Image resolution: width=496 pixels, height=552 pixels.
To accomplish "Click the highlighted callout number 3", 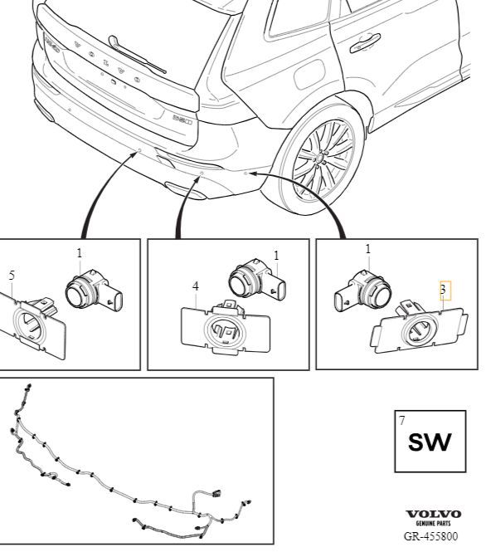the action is click(443, 290).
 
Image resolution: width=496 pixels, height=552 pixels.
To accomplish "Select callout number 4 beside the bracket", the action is click(196, 286).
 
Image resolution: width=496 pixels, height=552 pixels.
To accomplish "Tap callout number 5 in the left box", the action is click(12, 276).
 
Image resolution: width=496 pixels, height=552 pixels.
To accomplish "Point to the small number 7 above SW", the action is click(402, 420).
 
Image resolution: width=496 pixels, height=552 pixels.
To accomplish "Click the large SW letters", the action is click(430, 442).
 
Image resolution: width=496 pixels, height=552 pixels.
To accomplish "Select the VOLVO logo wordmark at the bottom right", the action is click(434, 515).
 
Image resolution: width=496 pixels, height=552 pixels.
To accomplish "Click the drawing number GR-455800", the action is click(431, 536).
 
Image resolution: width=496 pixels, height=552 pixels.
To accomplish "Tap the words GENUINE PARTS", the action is click(434, 524).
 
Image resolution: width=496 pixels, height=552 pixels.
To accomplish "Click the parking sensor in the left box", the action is click(94, 291).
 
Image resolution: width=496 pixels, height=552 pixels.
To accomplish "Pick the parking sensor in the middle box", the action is click(257, 280).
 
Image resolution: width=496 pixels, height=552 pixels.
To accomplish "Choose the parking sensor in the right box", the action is click(362, 291).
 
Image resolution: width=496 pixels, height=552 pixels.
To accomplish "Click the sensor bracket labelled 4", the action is click(225, 328).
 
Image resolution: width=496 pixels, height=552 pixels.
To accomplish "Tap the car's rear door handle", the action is click(365, 42).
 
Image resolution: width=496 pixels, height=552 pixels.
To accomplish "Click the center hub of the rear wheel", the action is click(322, 156).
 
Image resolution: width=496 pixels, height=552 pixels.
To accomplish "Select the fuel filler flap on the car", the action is click(309, 75).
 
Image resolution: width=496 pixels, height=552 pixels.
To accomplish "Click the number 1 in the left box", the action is click(80, 253).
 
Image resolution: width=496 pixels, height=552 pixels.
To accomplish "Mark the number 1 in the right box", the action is click(368, 249).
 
